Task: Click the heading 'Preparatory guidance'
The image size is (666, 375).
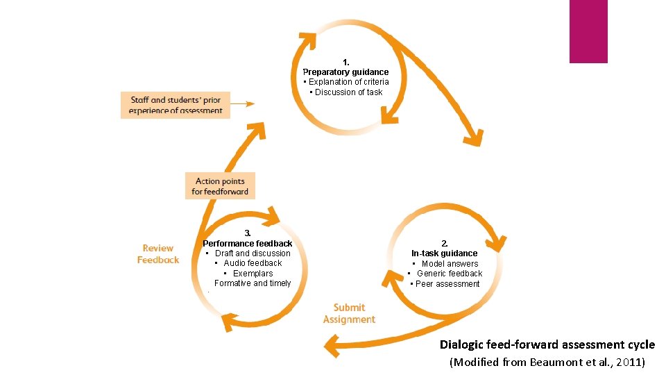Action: click(345, 72)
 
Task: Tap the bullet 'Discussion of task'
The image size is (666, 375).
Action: click(346, 92)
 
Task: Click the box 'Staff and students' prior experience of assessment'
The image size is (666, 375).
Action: click(176, 106)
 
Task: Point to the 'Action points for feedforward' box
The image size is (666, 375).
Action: click(220, 186)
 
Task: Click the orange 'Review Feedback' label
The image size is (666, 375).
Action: click(158, 254)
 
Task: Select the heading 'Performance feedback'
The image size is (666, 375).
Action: click(248, 244)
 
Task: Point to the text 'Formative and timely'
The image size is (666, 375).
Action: click(253, 283)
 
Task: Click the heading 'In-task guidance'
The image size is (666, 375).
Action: click(445, 253)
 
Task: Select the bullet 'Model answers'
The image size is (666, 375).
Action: click(445, 264)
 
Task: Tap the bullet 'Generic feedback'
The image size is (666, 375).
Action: click(445, 274)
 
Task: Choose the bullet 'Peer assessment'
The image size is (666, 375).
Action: click(445, 284)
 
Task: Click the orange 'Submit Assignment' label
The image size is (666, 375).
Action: click(349, 314)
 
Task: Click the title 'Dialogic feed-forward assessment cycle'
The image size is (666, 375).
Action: click(547, 345)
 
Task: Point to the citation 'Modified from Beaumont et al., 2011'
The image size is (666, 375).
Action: click(547, 362)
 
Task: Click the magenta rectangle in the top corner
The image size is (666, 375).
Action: click(588, 31)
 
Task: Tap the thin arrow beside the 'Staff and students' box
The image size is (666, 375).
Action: click(242, 104)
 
